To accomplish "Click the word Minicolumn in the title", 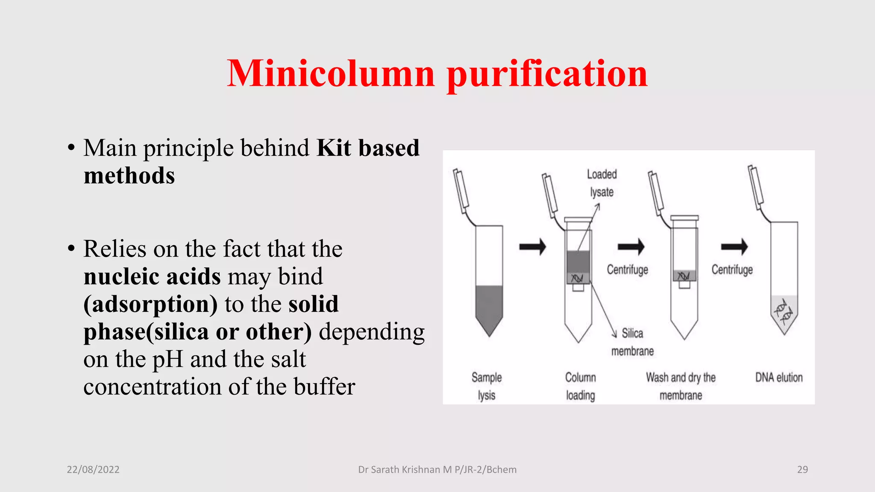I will pos(331,73).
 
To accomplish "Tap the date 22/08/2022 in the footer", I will pos(93,469).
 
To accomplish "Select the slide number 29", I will pos(802,469).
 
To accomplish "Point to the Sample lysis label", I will pos(487,386).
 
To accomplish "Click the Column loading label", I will pos(580,386).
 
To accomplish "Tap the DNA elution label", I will pos(779,378).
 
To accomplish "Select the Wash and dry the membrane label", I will pos(681,386).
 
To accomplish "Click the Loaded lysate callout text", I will pos(602,183).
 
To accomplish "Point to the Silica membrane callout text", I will pos(632,342).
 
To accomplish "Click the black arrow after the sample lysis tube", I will pos(532,246).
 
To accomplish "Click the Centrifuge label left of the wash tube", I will pos(627,269).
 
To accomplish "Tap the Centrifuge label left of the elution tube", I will pos(732,269).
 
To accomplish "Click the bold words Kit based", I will pos(368,148).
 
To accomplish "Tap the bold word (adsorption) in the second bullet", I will pos(151,304).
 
